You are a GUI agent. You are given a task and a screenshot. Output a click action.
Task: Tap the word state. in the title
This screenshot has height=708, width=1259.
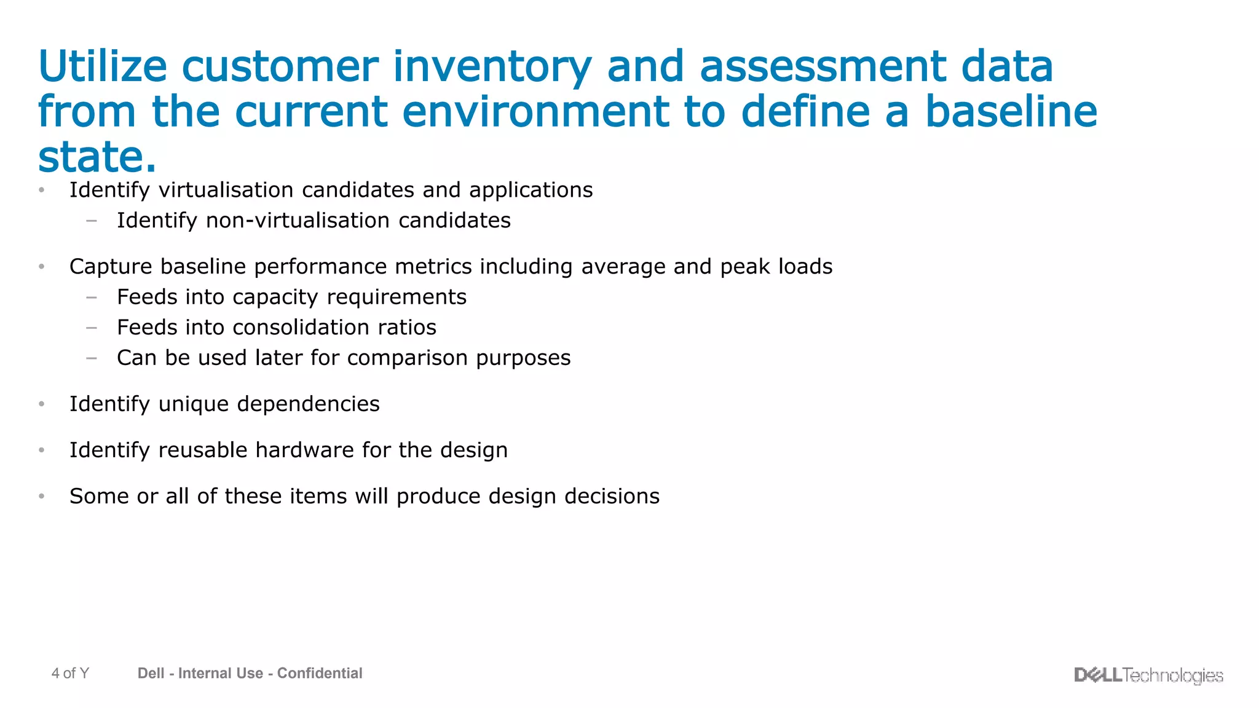97,157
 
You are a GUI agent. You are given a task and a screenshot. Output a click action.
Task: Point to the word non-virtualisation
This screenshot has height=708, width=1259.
298,220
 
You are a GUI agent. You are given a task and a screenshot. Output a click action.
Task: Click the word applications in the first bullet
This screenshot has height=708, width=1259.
531,190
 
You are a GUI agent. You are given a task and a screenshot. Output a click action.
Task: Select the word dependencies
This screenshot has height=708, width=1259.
308,404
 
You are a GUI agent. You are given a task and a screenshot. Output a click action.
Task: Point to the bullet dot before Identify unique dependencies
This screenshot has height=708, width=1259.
42,404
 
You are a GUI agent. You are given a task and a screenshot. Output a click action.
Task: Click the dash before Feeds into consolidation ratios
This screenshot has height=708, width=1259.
92,328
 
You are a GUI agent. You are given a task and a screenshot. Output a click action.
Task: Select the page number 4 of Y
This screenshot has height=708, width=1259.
70,674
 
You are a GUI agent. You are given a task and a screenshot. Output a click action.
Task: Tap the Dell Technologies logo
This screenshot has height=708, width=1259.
1148,675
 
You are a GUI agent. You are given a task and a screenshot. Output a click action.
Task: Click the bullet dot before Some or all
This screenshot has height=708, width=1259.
42,496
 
